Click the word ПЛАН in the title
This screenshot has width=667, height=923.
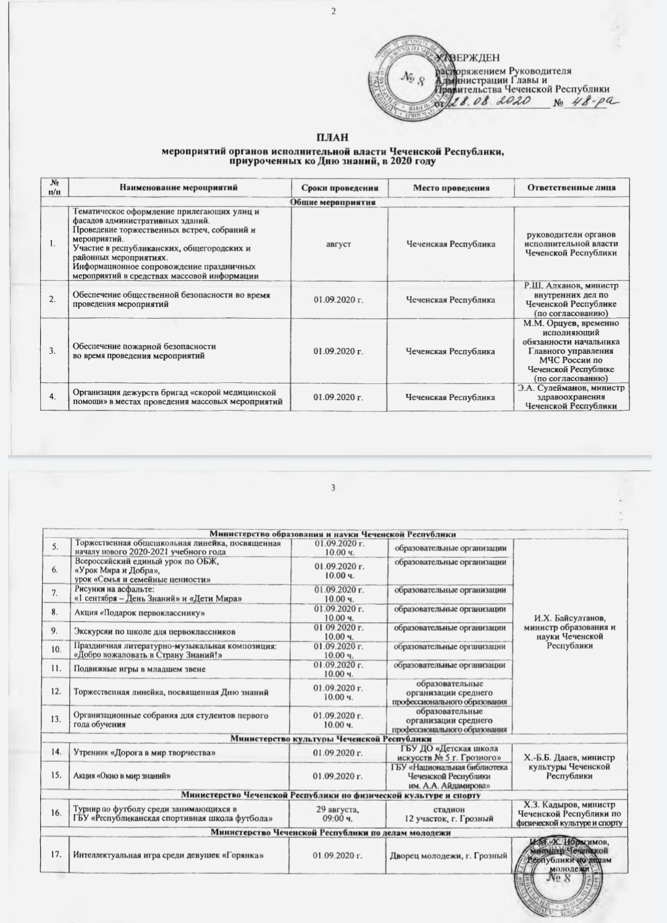click(333, 137)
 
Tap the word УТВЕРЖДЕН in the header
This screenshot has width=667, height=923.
click(468, 58)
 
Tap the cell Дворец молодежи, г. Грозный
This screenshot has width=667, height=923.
click(448, 855)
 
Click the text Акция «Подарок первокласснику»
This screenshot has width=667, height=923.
click(139, 613)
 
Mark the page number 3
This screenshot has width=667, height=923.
click(333, 488)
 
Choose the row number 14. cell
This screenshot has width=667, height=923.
click(56, 753)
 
